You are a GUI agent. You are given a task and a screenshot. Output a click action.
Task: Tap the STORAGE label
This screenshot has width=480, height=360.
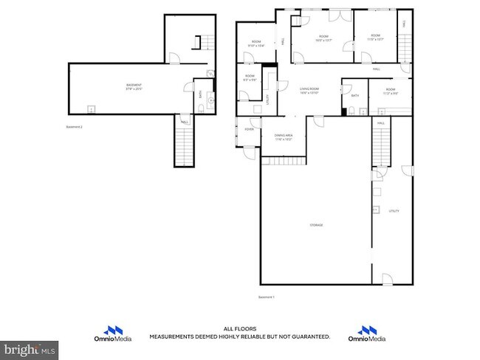tap(316, 225)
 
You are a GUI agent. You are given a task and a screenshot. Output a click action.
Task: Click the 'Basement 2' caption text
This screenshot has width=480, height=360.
tap(75, 127)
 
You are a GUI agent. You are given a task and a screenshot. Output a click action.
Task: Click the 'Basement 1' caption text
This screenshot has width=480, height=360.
tap(266, 297)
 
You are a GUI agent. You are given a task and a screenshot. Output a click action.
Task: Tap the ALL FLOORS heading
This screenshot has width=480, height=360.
tap(240, 329)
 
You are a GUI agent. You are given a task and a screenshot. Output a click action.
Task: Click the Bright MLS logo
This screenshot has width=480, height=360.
tap(30, 347)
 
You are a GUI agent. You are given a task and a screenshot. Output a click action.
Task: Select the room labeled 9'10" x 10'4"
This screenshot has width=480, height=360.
tap(256, 44)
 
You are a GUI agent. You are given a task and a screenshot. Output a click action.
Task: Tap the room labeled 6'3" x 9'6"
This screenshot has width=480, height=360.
tap(250, 77)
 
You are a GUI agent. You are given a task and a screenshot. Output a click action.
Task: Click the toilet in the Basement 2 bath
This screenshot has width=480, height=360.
tap(202, 108)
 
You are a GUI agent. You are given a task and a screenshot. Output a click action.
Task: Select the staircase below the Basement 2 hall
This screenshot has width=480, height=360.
tap(183, 145)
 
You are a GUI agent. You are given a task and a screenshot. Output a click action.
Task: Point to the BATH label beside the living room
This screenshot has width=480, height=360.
tap(355, 96)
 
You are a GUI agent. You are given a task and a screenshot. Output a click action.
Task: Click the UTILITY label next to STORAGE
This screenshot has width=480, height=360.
tap(394, 211)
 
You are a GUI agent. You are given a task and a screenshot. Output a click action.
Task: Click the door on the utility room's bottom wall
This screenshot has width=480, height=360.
tap(386, 279)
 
